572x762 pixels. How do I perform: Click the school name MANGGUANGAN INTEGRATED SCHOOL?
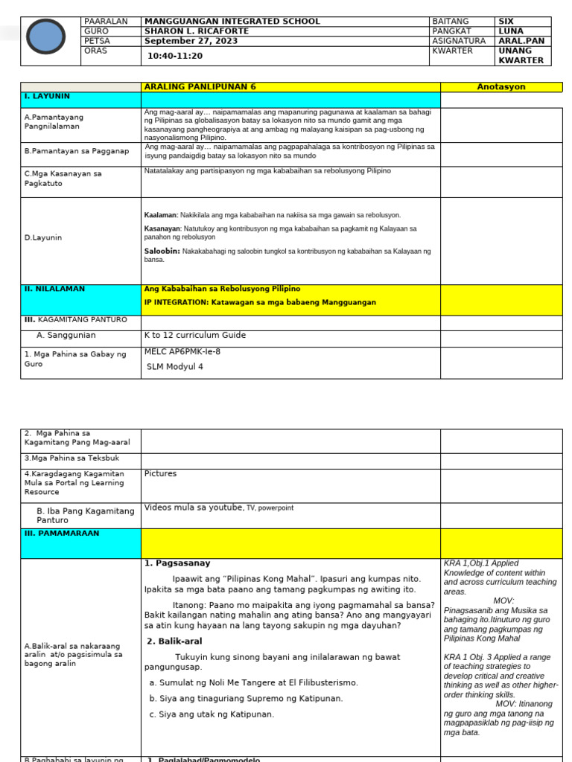point(232,22)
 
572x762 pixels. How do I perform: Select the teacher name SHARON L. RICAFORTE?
point(196,31)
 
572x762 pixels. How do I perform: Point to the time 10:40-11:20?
point(175,56)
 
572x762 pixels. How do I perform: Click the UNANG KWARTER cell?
point(521,56)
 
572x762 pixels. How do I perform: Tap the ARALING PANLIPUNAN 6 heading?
point(200,87)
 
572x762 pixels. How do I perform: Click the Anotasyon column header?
point(500,87)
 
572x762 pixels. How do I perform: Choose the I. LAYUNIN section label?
point(48,96)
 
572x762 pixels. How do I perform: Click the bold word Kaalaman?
point(161,215)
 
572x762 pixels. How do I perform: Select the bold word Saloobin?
point(162,252)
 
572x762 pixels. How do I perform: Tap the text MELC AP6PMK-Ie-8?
point(182,351)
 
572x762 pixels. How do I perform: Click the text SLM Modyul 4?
point(174,366)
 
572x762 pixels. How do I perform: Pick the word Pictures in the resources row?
point(160,473)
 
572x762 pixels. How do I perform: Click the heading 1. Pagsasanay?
point(177,563)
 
